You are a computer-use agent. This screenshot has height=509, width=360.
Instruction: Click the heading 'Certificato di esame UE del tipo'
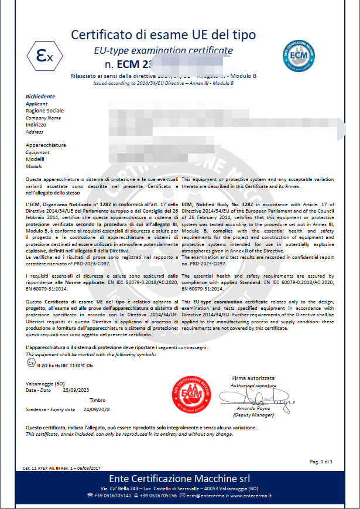163,35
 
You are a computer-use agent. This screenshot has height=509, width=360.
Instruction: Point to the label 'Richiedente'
40,96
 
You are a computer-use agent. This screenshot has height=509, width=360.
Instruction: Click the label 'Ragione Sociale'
45,110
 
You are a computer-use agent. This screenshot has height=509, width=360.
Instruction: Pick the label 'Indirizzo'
37,125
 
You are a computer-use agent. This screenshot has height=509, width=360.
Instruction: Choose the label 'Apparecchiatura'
46,145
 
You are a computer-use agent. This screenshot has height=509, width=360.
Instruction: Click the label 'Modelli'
35,159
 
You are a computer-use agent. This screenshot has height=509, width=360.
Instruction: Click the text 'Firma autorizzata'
253,378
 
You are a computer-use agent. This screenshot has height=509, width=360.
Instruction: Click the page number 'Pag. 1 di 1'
321,462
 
